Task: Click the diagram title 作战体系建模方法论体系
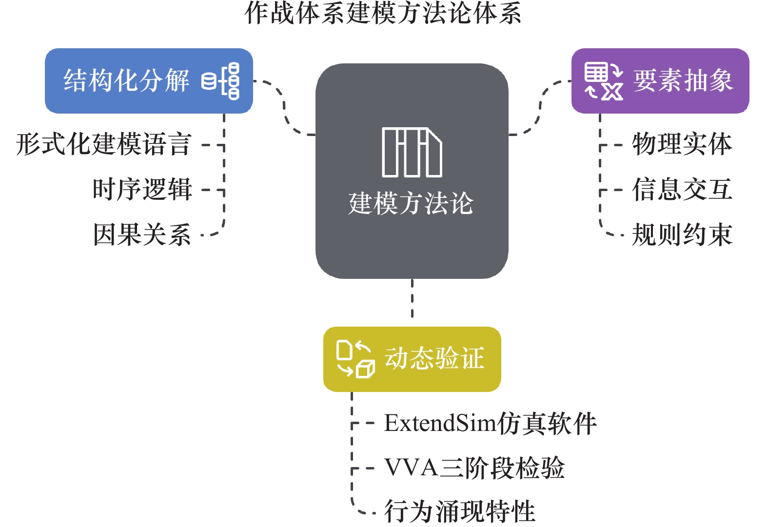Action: (383, 13)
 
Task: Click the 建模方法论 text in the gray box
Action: (411, 203)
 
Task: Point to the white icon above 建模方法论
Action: (412, 152)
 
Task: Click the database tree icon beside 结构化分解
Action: (221, 81)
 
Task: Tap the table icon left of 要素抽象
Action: (604, 81)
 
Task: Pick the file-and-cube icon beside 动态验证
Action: (355, 359)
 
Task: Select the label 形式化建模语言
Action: (103, 144)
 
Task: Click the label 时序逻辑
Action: (142, 189)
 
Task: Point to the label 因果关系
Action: (142, 234)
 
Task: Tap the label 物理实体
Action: (682, 144)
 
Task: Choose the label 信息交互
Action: (682, 189)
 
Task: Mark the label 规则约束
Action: (682, 234)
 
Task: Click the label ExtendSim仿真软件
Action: (490, 423)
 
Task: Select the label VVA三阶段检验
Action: (474, 468)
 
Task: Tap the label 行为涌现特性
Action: (460, 511)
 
